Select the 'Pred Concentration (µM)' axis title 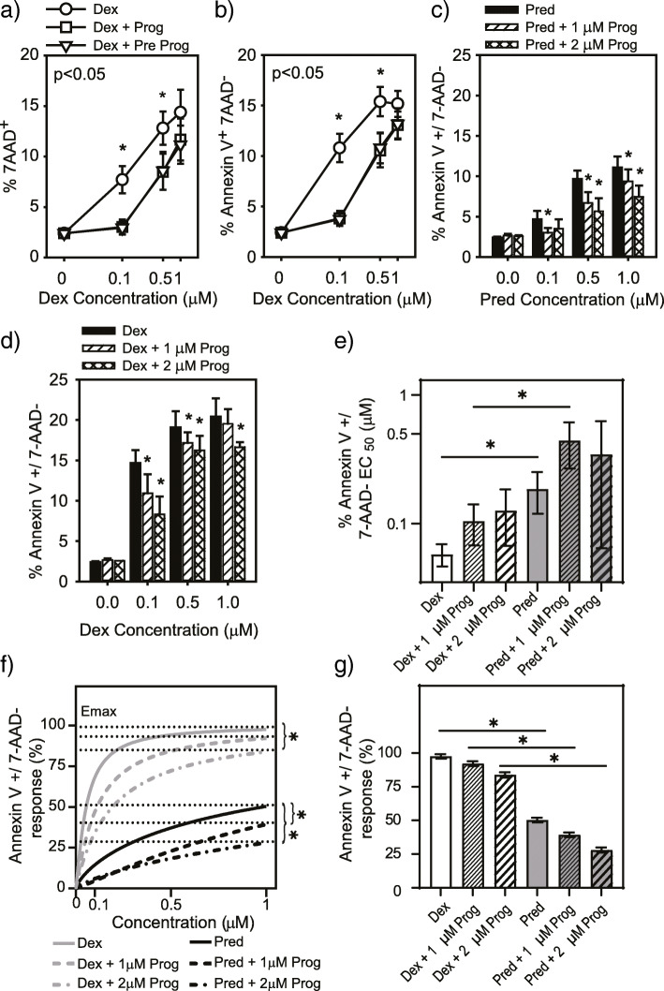coord(559,303)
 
